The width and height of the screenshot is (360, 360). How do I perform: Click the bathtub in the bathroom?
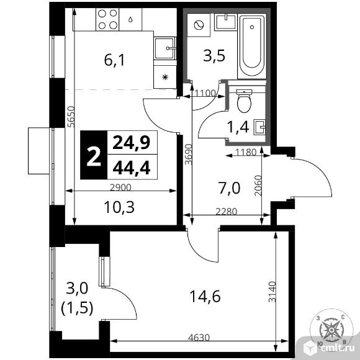point(253,43)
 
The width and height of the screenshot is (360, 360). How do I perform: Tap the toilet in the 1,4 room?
point(243,99)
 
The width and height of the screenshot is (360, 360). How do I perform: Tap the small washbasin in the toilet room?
point(263,128)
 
